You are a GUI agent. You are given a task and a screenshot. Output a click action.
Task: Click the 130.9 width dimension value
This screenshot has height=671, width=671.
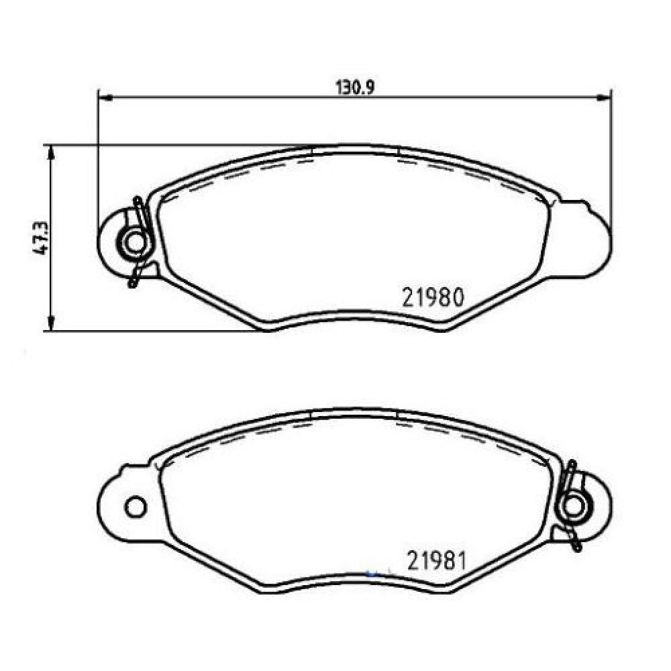click(355, 87)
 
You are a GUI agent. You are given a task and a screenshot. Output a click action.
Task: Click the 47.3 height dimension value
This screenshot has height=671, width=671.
click(42, 238)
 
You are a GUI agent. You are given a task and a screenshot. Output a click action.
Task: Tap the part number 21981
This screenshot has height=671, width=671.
click(436, 560)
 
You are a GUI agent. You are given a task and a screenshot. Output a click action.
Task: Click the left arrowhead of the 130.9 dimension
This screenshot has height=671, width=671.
click(105, 99)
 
